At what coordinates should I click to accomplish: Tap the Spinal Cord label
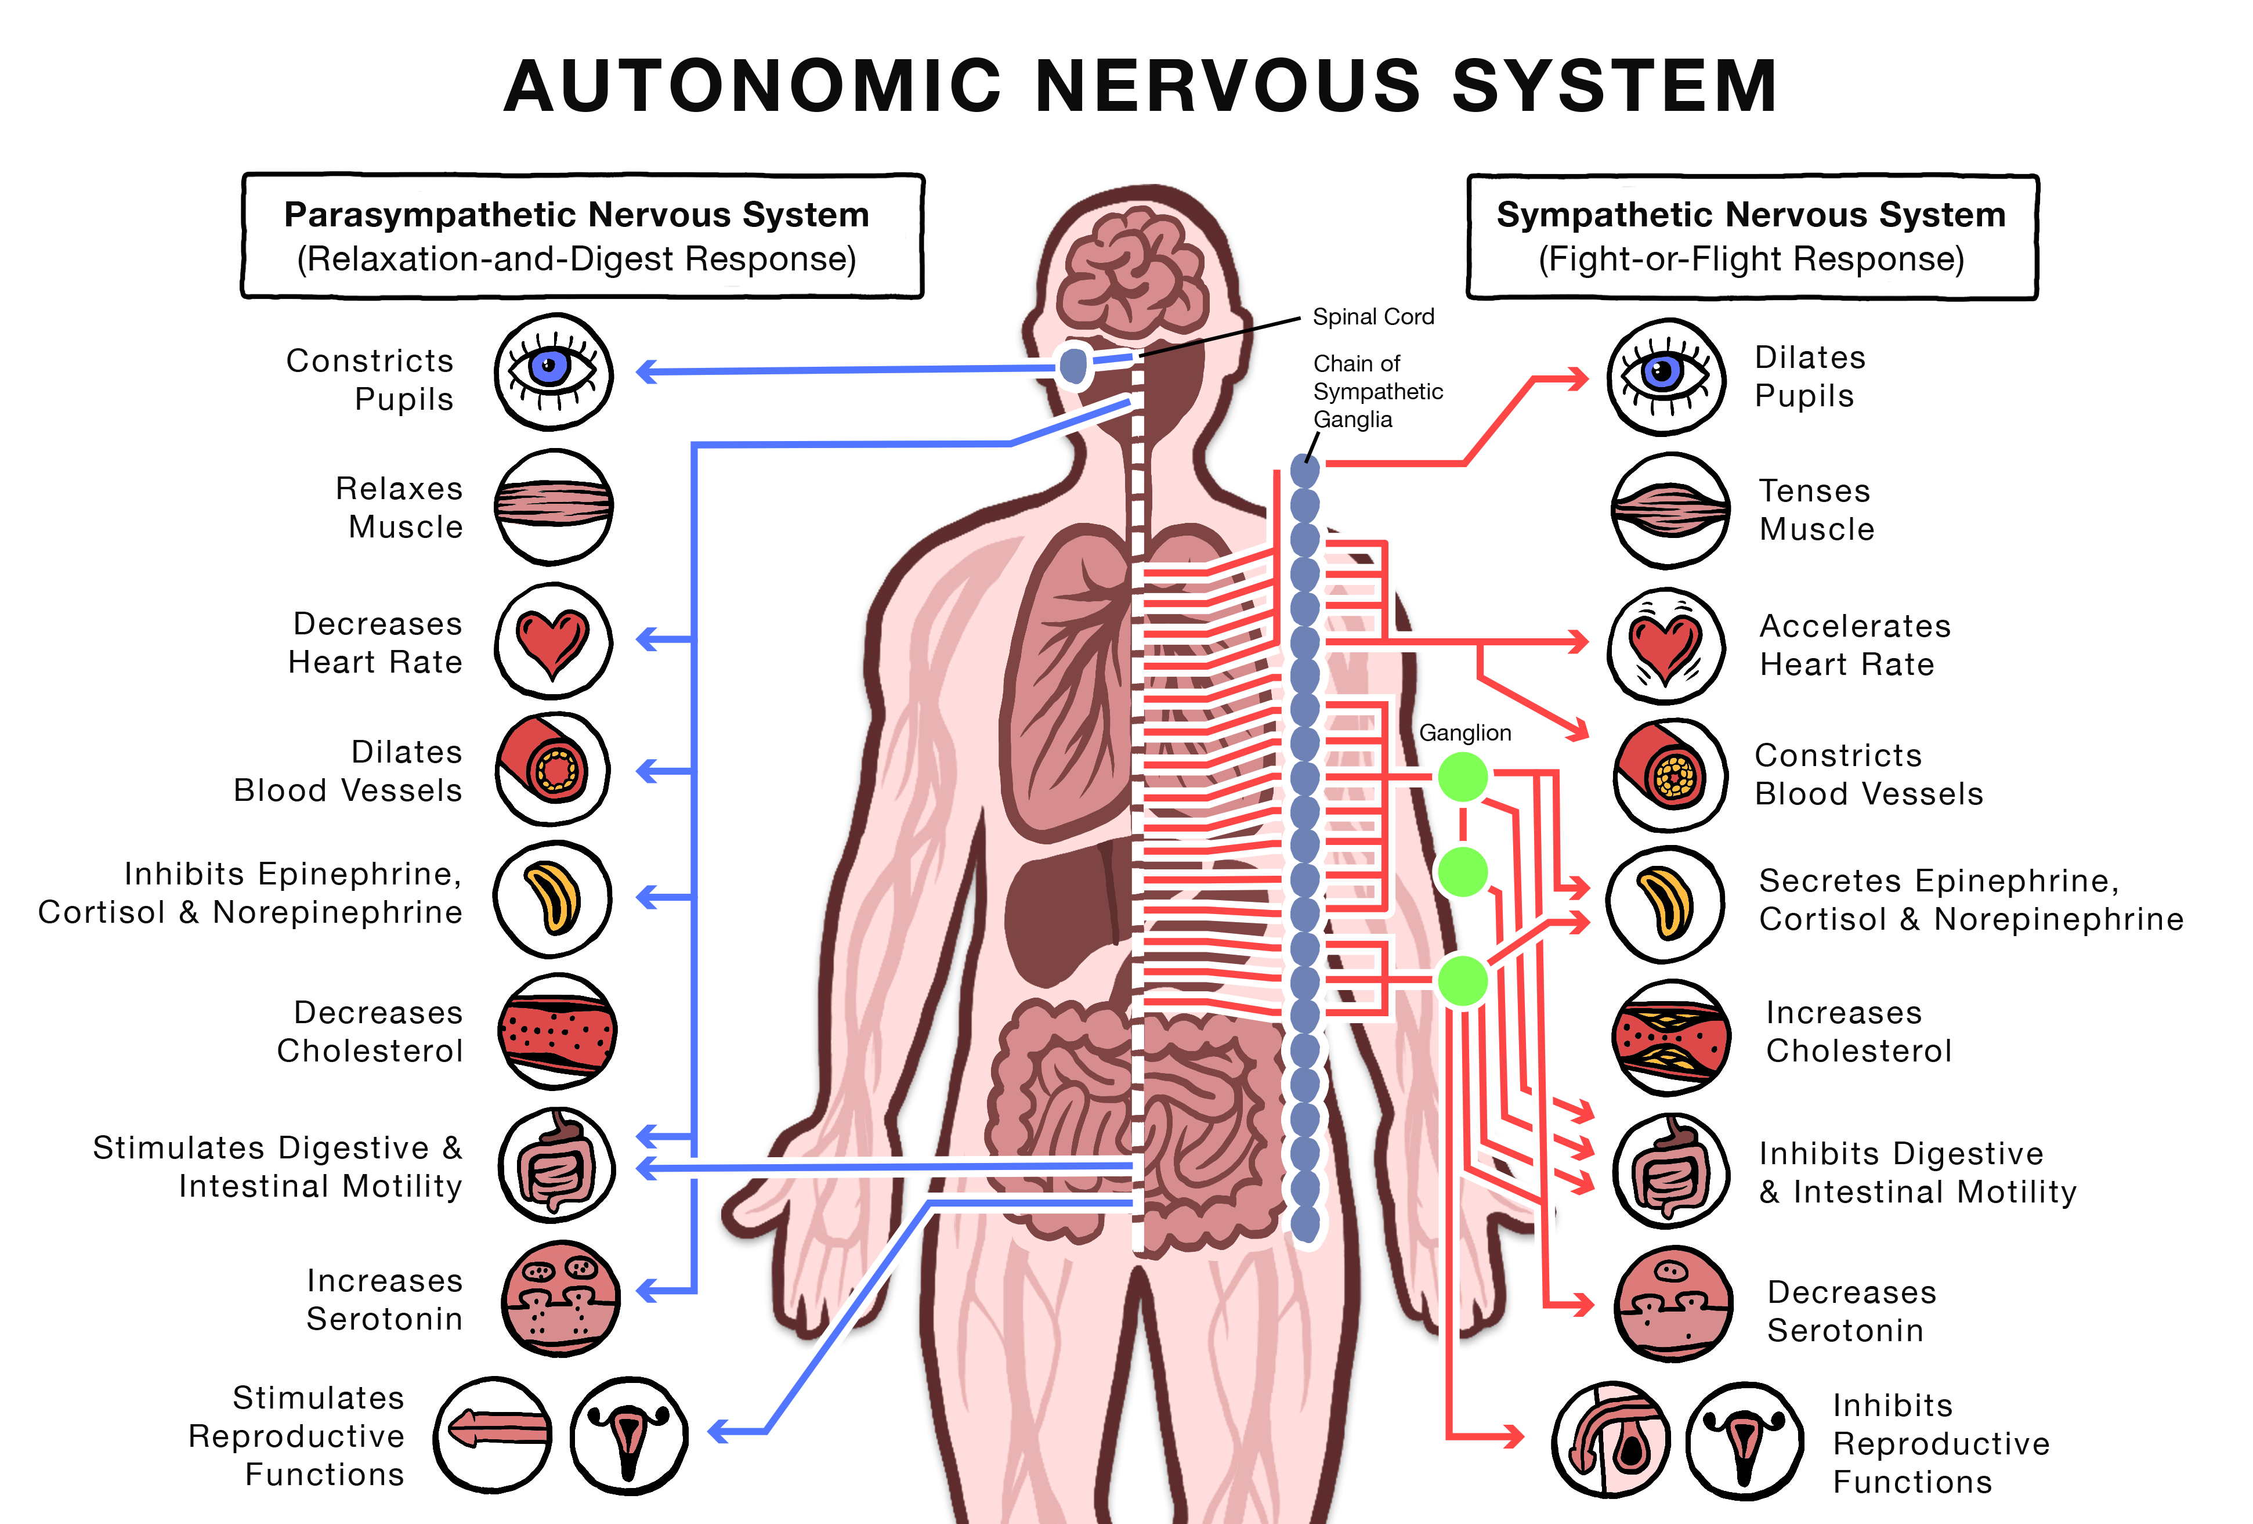pos(1373,317)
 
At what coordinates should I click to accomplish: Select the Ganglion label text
pos(1465,733)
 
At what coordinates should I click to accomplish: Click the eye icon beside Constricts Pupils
pos(554,371)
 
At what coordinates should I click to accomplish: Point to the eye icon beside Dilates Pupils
pos(1665,376)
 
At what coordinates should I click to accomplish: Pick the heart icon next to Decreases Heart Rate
pos(552,641)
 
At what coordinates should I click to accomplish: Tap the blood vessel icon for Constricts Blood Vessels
pos(1669,775)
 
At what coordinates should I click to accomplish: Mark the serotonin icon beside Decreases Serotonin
pos(1672,1304)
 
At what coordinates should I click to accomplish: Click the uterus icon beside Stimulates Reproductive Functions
pos(628,1435)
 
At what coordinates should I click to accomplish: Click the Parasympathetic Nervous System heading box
pos(581,236)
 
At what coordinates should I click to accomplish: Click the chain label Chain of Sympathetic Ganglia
pos(1377,392)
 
